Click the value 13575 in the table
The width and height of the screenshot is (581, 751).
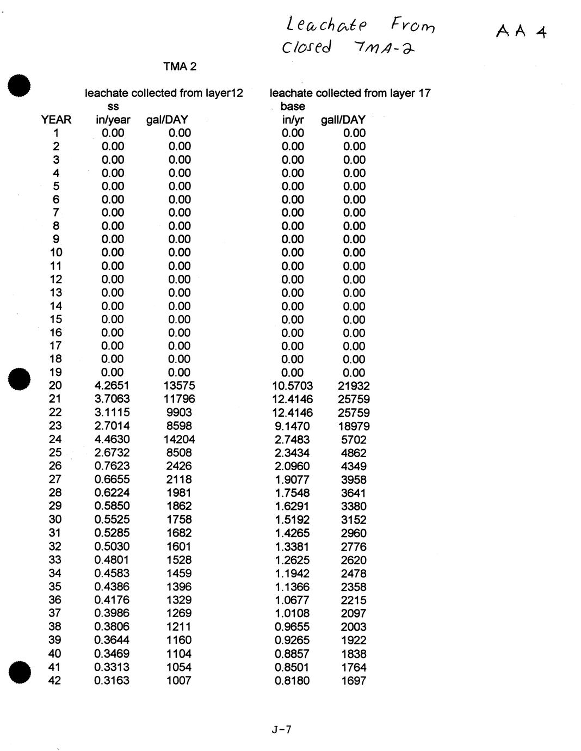pos(179,386)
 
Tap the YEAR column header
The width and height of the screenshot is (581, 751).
pos(56,120)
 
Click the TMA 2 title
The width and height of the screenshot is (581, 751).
pos(180,67)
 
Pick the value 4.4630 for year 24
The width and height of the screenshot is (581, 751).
pos(112,439)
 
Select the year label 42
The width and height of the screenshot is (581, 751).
pos(55,680)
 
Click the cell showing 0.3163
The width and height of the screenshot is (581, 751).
pos(112,680)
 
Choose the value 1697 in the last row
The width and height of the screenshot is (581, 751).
pos(354,681)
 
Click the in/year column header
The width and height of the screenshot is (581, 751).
pos(113,120)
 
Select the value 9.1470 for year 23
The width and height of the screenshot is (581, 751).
pos(292,426)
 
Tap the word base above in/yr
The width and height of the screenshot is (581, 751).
pos(293,107)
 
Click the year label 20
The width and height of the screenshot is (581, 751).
pos(55,386)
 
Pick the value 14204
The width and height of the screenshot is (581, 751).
pos(179,439)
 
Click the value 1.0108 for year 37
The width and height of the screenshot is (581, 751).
pos(292,613)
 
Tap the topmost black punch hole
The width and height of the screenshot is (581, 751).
pos(18,87)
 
